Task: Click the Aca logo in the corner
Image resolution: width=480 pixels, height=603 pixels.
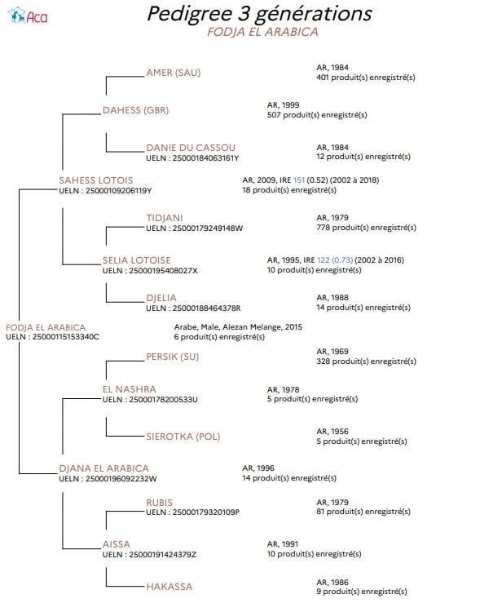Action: pos(28,16)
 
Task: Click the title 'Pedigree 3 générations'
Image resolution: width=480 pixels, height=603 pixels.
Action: pos(260,14)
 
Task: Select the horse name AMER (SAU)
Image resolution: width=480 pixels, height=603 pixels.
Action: pos(174,73)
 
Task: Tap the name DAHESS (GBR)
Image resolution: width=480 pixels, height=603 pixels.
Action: pos(135,110)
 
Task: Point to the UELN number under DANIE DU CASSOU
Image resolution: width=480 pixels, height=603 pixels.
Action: pos(192,158)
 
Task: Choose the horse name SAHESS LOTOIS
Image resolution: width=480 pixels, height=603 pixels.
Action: pos(96,180)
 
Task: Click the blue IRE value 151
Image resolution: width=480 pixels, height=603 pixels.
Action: pos(299,180)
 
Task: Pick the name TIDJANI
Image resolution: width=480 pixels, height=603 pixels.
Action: pos(165,218)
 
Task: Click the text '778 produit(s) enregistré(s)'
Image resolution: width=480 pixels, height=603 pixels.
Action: pos(367,228)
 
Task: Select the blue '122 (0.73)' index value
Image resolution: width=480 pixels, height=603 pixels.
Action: pos(335,260)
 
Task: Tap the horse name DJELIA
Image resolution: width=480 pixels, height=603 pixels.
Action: pos(161,298)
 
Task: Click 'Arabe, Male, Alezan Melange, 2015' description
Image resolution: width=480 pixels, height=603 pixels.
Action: pos(238,327)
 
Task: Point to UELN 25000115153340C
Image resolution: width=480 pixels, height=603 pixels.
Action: pos(52,337)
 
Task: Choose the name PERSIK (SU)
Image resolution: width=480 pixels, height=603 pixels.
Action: pos(173,357)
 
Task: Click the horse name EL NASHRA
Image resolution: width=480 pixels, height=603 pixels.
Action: pos(129,389)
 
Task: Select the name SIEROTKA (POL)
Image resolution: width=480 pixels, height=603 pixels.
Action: pos(183,437)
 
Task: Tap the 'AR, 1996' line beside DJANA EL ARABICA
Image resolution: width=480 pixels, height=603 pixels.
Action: pos(258,468)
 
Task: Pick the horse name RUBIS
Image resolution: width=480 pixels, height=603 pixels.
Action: pos(160,503)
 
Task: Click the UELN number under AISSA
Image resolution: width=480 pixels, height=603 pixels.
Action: pos(149,555)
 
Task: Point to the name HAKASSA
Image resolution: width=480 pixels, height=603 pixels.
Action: pos(169,587)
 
